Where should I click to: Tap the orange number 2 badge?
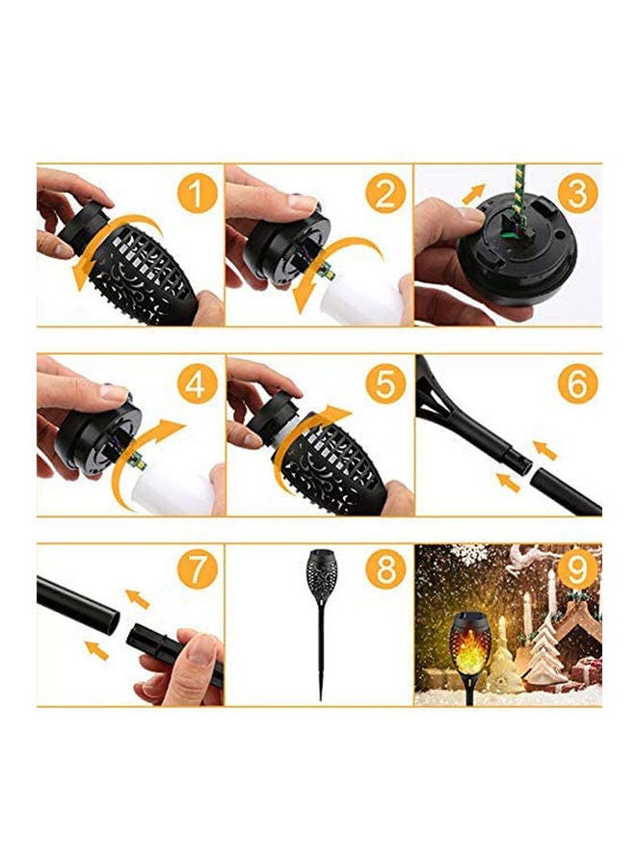pyautogui.click(x=385, y=193)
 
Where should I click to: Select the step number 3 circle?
pyautogui.click(x=576, y=193)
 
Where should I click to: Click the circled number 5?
pyautogui.click(x=385, y=383)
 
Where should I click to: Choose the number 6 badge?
pyautogui.click(x=576, y=383)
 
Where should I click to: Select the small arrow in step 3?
pyautogui.click(x=473, y=194)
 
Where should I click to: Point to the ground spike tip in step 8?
pyautogui.click(x=321, y=699)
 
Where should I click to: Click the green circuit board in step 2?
pyautogui.click(x=328, y=271)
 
